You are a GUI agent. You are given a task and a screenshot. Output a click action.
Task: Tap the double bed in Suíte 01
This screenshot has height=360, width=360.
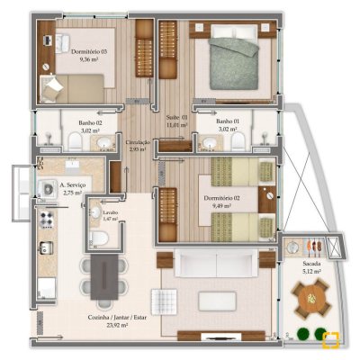(x=236, y=62)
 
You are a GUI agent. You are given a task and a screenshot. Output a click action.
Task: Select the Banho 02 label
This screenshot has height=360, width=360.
(x=88, y=126)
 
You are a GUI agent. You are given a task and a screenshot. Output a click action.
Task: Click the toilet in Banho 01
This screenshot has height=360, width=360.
(x=236, y=140)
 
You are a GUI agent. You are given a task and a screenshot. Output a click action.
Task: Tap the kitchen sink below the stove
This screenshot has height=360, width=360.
(x=45, y=246)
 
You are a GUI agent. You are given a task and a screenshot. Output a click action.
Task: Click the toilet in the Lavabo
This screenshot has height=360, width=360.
(x=102, y=236)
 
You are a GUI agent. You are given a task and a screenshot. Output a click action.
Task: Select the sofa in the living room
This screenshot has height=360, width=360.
(x=216, y=264)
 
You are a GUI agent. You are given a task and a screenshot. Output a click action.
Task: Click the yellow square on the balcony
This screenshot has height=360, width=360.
(x=331, y=340)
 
